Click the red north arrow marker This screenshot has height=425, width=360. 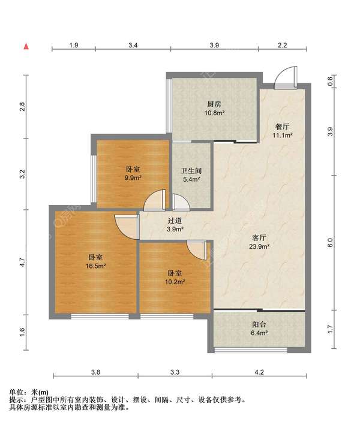[26, 46]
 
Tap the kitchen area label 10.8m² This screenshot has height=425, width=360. [214, 113]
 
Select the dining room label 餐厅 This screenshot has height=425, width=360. [282, 126]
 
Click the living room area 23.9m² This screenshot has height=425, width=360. [259, 246]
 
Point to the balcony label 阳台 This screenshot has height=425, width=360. [259, 324]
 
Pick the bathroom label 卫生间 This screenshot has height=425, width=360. [191, 171]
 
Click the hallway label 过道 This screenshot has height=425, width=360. [175, 221]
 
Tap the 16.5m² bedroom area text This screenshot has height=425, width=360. [96, 266]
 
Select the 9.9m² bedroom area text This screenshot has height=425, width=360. [133, 178]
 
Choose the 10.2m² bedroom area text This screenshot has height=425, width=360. [175, 282]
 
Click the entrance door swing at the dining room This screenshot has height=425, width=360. [286, 77]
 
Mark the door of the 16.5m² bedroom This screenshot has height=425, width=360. [127, 227]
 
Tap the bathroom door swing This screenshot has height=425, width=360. [181, 202]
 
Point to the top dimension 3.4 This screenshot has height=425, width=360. [133, 45]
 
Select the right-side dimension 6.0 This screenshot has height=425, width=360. [330, 243]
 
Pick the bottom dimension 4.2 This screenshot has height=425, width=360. [259, 372]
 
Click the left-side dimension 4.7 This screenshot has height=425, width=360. [22, 262]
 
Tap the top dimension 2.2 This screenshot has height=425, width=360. [282, 45]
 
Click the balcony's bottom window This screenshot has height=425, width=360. [251, 350]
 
